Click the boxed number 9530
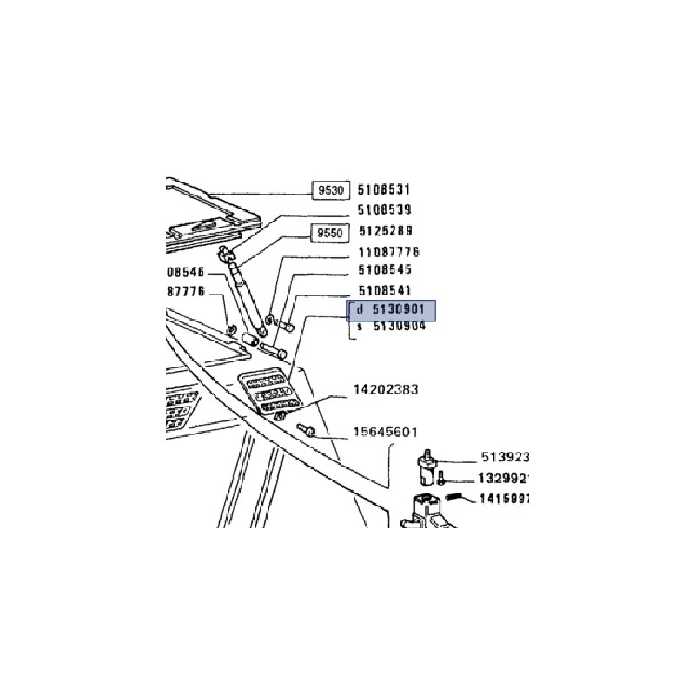coord(331,189)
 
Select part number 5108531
coord(385,189)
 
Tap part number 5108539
coord(385,210)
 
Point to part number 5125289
coord(385,232)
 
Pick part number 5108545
coord(385,270)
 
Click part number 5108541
coord(385,290)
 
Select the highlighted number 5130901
coord(399,310)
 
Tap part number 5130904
coord(399,328)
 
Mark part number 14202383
coord(385,390)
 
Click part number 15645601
coord(386,432)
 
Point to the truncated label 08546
coord(185,273)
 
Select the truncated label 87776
coord(185,292)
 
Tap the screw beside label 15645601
coord(308,430)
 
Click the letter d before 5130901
coord(360,310)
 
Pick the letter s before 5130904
coord(360,328)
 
